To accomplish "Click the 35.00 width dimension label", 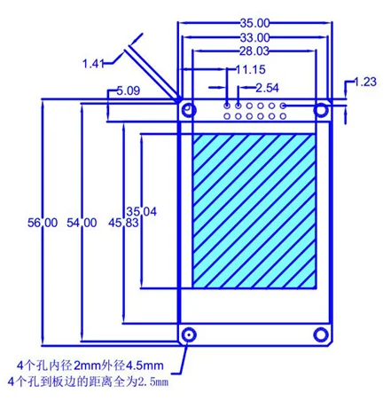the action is coord(254,23).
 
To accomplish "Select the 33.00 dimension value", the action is coord(254,37).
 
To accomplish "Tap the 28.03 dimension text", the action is coord(254,51).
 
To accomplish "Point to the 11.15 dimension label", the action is coord(251,69).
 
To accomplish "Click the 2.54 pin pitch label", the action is coord(267,88).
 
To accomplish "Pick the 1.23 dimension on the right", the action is coord(365,82).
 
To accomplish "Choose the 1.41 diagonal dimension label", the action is coord(93,64).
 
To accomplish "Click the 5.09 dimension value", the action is coord(129,90).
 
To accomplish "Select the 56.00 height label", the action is coord(43,223).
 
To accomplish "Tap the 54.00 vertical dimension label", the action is coord(82,223).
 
